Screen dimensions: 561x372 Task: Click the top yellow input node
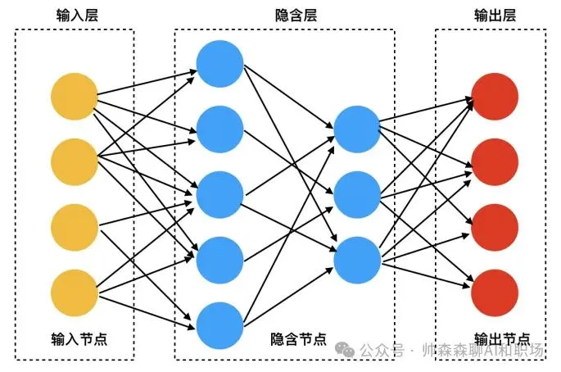pyautogui.click(x=75, y=97)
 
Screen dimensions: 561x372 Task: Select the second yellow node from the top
pyautogui.click(x=75, y=162)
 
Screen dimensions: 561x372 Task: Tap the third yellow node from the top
pyautogui.click(x=75, y=227)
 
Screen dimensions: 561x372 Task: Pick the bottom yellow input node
pyautogui.click(x=75, y=293)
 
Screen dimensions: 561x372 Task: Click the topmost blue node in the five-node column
pyautogui.click(x=219, y=64)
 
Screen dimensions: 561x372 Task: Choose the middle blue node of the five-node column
pyautogui.click(x=219, y=194)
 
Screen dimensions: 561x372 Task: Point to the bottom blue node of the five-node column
pyautogui.click(x=219, y=325)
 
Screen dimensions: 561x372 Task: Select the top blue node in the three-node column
pyautogui.click(x=357, y=129)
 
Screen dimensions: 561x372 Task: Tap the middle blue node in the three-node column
pyautogui.click(x=357, y=194)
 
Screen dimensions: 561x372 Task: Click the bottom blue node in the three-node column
pyautogui.click(x=357, y=260)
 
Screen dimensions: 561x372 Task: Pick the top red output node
pyautogui.click(x=495, y=97)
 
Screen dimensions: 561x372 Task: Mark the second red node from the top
pyautogui.click(x=495, y=162)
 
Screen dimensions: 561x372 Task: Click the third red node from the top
pyautogui.click(x=495, y=227)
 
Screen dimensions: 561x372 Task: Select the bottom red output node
pyautogui.click(x=495, y=293)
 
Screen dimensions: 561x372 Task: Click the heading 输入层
pyautogui.click(x=77, y=16)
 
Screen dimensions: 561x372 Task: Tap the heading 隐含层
pyautogui.click(x=296, y=16)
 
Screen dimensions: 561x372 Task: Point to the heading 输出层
pyautogui.click(x=495, y=16)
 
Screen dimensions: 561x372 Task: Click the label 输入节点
pyautogui.click(x=79, y=338)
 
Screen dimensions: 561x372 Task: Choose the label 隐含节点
pyautogui.click(x=298, y=338)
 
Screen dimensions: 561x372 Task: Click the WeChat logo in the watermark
pyautogui.click(x=345, y=349)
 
